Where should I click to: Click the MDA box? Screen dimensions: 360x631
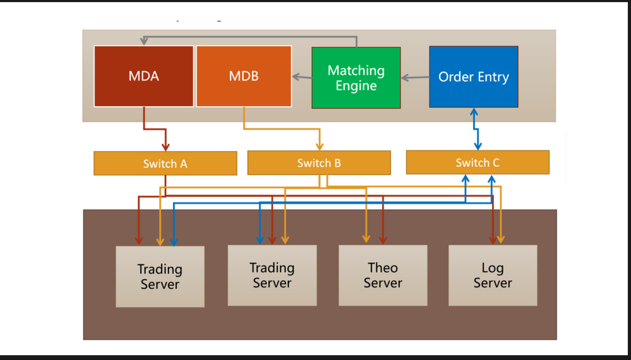click(x=143, y=76)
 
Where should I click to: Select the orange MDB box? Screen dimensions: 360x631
click(x=244, y=76)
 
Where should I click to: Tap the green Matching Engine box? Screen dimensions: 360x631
click(x=356, y=78)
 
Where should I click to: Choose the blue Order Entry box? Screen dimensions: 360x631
click(x=473, y=76)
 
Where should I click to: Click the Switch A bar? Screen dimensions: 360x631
click(x=165, y=163)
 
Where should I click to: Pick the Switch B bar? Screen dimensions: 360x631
click(x=319, y=162)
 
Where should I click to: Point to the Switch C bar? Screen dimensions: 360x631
click(x=477, y=162)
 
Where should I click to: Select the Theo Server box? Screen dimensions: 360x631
click(x=382, y=275)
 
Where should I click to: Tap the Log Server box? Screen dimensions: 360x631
click(x=492, y=275)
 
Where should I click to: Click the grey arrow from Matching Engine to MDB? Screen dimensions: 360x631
click(x=301, y=77)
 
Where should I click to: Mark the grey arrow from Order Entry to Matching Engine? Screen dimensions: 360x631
click(x=414, y=78)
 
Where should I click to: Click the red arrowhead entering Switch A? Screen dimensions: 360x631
click(x=165, y=146)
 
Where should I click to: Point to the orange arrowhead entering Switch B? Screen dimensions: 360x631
click(x=319, y=145)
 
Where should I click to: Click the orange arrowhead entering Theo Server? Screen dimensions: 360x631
click(x=365, y=239)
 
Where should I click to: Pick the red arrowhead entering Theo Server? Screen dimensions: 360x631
click(x=382, y=240)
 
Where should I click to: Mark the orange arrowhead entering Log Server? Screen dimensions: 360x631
click(x=500, y=239)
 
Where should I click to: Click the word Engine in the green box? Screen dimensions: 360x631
click(x=356, y=85)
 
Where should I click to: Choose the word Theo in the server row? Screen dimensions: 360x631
click(x=382, y=268)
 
